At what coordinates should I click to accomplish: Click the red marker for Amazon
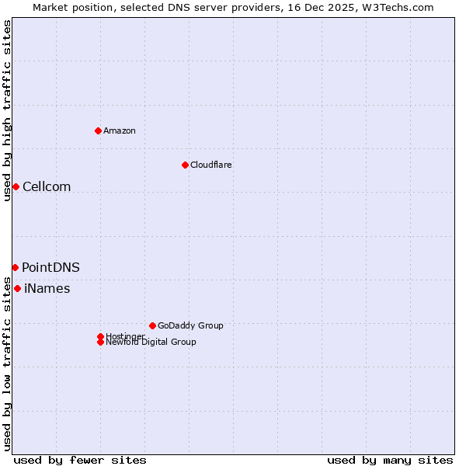point(98,130)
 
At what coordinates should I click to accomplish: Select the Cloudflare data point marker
point(185,165)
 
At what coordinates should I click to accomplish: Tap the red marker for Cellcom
point(16,186)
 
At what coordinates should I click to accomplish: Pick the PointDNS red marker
point(15,267)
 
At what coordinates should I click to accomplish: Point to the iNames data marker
point(17,289)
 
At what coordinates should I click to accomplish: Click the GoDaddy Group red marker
point(152,325)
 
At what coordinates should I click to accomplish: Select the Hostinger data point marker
point(100,336)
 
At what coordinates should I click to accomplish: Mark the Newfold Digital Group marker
point(100,342)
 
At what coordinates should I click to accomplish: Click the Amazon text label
point(120,130)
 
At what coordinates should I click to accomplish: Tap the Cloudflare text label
point(210,165)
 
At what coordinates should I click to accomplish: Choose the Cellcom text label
point(47,186)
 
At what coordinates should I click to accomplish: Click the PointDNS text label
point(50,267)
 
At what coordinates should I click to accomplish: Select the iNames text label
point(47,289)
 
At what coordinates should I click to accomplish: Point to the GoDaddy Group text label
point(190,325)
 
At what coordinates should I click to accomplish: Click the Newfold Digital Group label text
point(151,343)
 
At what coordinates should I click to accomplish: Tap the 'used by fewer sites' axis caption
point(80,460)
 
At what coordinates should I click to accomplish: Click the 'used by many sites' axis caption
point(390,460)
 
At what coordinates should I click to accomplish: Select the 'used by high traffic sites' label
point(7,110)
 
